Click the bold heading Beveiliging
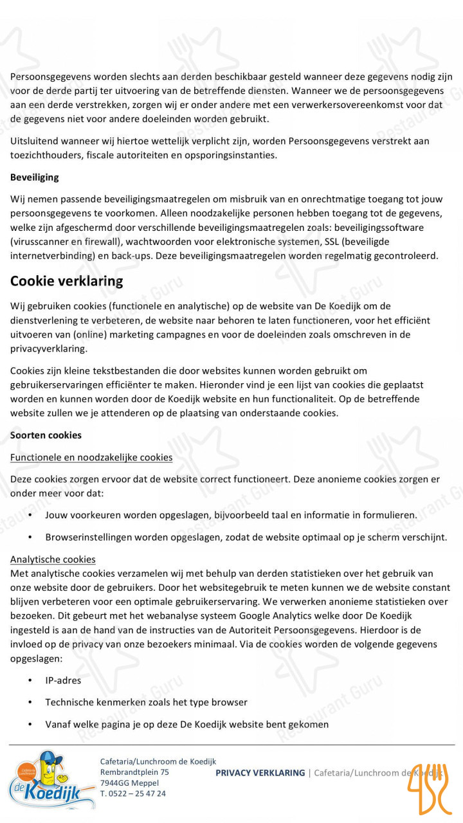(x=34, y=177)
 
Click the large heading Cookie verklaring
(x=66, y=281)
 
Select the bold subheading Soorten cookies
(x=46, y=435)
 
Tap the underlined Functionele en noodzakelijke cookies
(x=91, y=457)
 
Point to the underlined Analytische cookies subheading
(x=53, y=559)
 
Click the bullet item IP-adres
(x=63, y=680)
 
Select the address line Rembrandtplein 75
(x=134, y=772)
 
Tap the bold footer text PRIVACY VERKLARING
(x=260, y=772)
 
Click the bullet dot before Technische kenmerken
(x=30, y=702)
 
